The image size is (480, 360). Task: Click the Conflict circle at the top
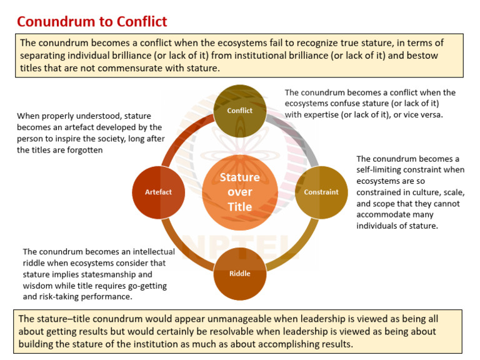pos(240,110)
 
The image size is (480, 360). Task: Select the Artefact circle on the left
pos(159,192)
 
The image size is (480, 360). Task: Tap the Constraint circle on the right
pos(321,192)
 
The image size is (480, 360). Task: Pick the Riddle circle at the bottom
pos(240,274)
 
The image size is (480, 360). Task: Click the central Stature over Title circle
pos(240,192)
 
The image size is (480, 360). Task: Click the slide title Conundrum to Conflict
pos(92,22)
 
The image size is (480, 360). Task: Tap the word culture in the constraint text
pos(419,192)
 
